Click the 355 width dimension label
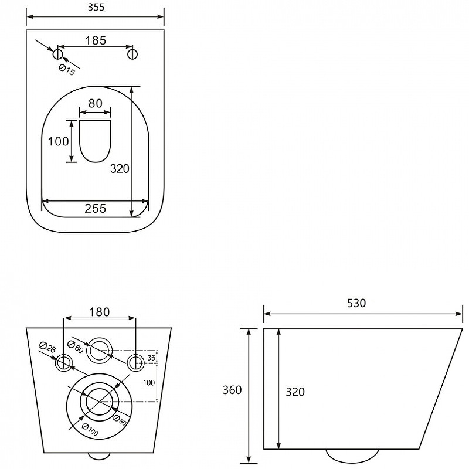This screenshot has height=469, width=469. click(96, 7)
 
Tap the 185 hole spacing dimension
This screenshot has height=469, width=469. click(96, 40)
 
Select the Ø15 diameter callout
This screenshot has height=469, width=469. click(66, 70)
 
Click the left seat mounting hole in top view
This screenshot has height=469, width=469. click(57, 55)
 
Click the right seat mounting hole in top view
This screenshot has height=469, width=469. click(132, 55)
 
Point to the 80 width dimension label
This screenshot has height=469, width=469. click(96, 104)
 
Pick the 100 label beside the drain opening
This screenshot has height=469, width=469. click(58, 141)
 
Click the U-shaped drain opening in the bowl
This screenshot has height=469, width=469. click(96, 141)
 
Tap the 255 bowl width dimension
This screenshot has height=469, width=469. click(96, 209)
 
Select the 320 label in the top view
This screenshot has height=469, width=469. click(120, 169)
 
